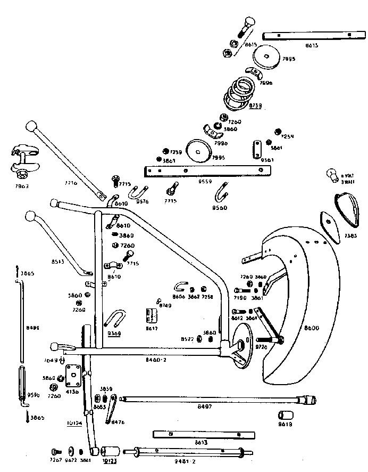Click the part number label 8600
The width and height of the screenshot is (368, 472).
click(x=312, y=328)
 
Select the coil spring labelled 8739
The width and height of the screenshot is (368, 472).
click(x=241, y=92)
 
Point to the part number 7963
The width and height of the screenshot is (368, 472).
click(x=22, y=186)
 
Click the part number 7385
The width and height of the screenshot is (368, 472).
click(x=350, y=235)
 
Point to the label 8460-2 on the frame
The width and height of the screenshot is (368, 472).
click(x=155, y=361)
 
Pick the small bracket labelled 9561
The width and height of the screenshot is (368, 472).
click(x=256, y=148)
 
